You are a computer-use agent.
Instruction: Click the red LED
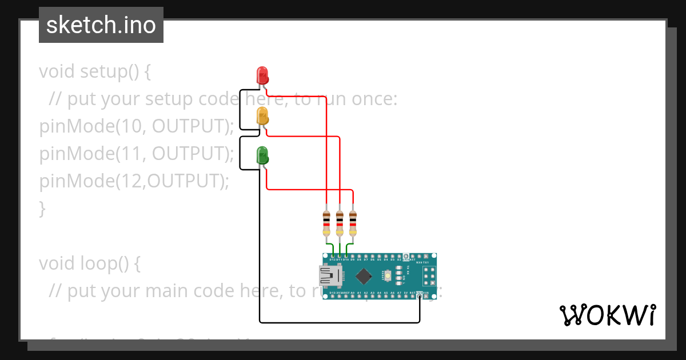coord(262,75)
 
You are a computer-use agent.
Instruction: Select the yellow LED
coord(262,115)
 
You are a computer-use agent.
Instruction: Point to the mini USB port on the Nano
coord(329,277)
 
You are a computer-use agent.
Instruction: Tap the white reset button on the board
coord(389,277)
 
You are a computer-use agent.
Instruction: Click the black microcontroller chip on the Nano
coord(364,277)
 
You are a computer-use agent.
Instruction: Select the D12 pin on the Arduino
coord(333,255)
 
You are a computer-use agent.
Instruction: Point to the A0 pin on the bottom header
coord(353,297)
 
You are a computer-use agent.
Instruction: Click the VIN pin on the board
coord(426,297)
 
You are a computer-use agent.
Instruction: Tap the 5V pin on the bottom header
coord(406,297)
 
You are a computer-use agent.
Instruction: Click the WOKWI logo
coord(607,315)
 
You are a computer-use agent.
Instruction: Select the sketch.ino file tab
coord(101,25)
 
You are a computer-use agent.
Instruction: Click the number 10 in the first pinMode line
coord(127,127)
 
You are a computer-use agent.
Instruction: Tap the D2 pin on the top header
coord(399,255)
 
